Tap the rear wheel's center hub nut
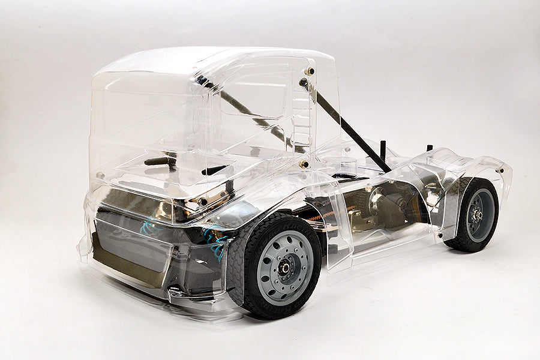[478, 215]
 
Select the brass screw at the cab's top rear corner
[310, 71]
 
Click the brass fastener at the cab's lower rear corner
[305, 164]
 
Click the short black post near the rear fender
[430, 148]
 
